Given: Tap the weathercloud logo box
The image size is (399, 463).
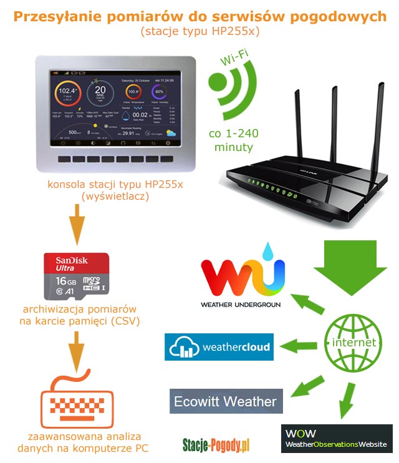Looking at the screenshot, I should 219,347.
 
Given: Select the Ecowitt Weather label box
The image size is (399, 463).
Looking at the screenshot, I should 226,401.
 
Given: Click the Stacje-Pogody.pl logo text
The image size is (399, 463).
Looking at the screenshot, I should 216,444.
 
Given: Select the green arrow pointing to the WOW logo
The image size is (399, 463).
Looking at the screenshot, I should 345,402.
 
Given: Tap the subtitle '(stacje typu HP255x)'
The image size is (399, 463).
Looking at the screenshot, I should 199,31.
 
